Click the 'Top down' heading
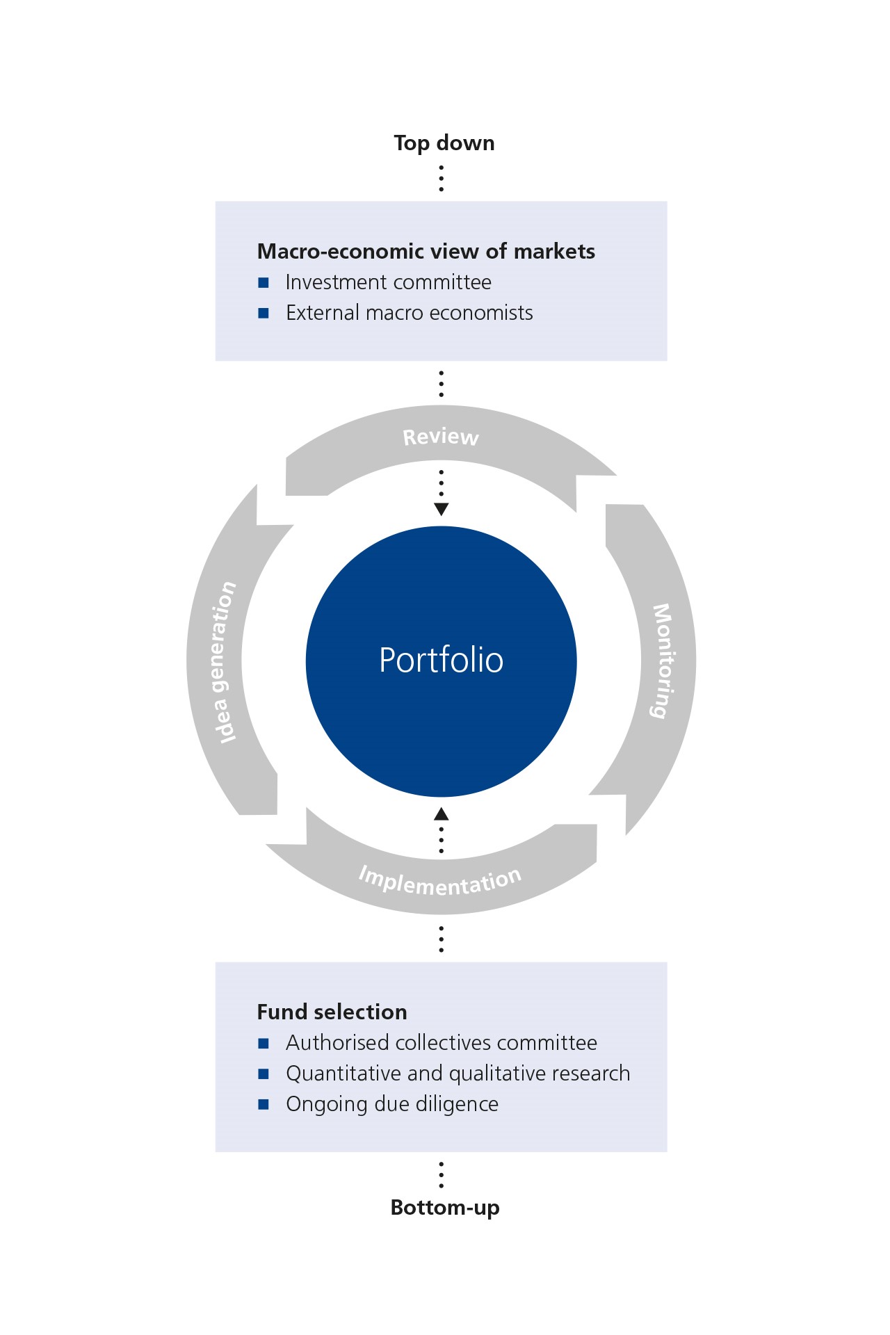444,143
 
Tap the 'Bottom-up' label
445,1207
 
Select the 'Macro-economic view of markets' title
426,251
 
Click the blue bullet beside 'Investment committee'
264,282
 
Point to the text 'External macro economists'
410,313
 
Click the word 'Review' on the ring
441,437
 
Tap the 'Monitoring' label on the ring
663,661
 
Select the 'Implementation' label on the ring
439,882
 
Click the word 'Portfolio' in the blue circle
441,660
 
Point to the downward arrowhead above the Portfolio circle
441,509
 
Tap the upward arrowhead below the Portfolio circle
441,814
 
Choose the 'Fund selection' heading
332,1012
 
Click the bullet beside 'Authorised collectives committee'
264,1043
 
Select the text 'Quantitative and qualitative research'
458,1074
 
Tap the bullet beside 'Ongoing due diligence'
264,1104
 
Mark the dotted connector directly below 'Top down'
441,178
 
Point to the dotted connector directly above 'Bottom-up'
441,1174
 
